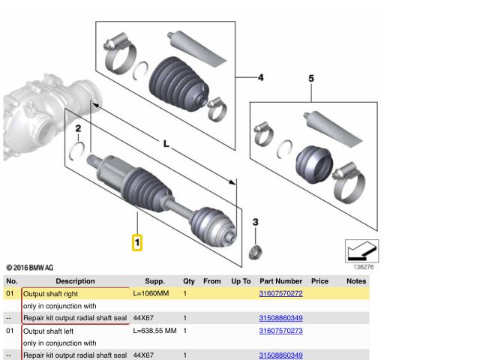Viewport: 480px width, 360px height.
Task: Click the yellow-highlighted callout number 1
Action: (137, 243)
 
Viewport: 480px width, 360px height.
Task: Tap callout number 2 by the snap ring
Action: (78, 129)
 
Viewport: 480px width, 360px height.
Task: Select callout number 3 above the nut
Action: (256, 222)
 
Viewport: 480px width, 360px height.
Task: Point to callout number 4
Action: (261, 77)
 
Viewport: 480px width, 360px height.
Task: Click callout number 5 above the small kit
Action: (312, 78)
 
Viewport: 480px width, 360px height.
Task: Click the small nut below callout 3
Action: (255, 250)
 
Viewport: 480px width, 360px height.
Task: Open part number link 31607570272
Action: (280, 293)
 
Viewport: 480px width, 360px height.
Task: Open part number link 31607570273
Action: (280, 330)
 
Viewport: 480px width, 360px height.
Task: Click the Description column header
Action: (75, 281)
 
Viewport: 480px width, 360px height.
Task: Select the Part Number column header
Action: (280, 281)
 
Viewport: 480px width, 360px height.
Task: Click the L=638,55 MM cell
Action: (154, 330)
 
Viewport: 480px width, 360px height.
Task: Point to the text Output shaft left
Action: (49, 330)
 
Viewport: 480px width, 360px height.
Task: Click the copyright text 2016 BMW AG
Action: (30, 268)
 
